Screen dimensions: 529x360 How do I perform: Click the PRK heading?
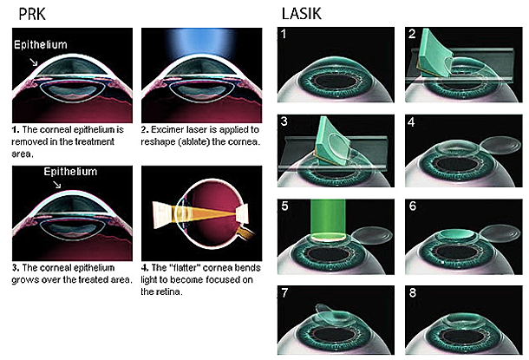(x=32, y=14)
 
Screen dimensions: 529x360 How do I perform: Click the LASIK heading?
(x=301, y=14)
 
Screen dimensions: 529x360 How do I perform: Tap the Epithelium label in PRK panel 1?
(x=41, y=44)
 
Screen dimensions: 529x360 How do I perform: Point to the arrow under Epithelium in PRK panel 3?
(x=57, y=184)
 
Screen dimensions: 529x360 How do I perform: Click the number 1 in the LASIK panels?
(x=284, y=34)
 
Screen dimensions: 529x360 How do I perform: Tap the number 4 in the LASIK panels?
(x=411, y=121)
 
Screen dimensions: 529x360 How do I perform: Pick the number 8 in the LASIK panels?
(x=412, y=292)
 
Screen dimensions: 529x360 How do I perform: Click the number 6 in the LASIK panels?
(x=412, y=206)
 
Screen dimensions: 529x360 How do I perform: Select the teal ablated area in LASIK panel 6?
(x=458, y=233)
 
